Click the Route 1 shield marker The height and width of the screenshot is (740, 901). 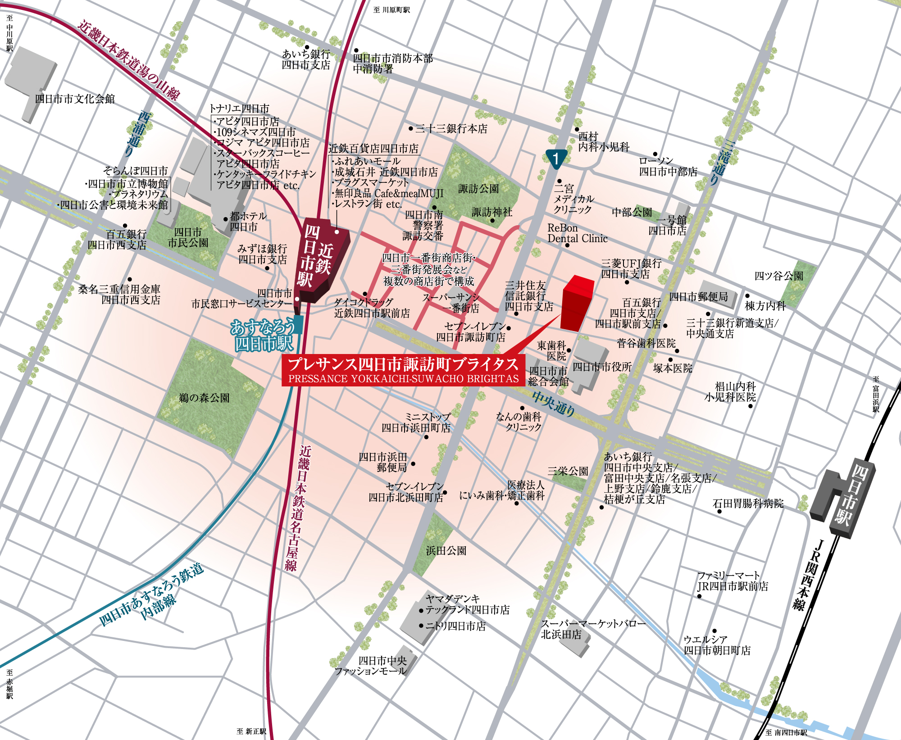556,159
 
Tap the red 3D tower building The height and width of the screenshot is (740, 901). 576,304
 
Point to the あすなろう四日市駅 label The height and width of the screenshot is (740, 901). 264,336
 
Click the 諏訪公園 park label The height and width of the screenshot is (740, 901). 478,189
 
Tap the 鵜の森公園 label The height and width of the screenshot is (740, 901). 204,398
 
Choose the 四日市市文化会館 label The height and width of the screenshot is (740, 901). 75,99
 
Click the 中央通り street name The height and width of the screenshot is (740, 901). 554,403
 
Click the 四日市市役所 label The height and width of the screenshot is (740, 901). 602,367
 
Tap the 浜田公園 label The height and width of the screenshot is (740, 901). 446,550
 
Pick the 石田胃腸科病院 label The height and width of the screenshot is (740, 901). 748,503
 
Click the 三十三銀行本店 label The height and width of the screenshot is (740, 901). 451,129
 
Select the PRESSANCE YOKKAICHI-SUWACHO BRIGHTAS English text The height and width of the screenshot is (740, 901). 403,379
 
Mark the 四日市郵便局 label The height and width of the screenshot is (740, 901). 698,296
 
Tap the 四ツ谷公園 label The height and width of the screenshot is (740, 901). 779,276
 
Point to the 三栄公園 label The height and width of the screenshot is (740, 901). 568,471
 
